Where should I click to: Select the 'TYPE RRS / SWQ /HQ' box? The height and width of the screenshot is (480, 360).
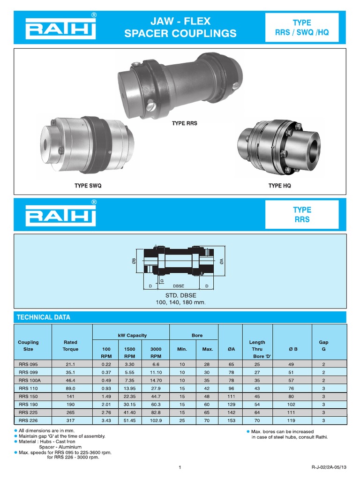point(301,28)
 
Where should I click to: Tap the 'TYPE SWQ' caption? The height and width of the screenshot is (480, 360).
point(88,186)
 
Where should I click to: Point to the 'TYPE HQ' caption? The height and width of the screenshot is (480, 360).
point(279,186)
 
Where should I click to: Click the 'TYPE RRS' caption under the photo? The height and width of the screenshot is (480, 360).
point(184,123)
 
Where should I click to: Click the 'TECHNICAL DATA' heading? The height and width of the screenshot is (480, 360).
point(44,317)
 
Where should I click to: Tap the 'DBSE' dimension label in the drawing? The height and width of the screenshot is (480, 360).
point(179,285)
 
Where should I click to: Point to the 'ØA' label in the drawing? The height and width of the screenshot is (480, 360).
point(221,262)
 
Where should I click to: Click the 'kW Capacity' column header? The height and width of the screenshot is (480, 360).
point(132,335)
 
